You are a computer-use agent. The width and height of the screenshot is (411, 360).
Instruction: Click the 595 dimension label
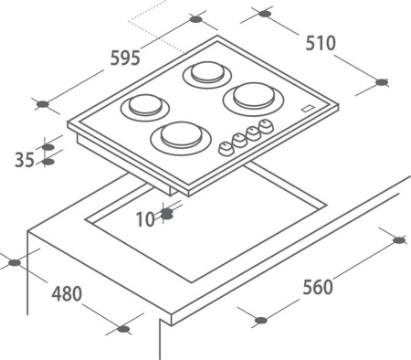pos(125,58)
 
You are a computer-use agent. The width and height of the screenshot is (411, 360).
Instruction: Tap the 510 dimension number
pos(321,43)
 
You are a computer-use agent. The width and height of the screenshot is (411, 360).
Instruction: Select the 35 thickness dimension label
pos(25,160)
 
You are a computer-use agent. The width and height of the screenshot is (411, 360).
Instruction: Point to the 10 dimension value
pos(145,219)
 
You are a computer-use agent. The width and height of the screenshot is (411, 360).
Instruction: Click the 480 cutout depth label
pos(67,293)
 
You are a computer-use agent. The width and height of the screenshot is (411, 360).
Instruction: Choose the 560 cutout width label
pos(318,287)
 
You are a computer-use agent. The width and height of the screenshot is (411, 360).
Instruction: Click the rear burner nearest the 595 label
pos(207,75)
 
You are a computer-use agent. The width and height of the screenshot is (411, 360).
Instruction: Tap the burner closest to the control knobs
pos(181,137)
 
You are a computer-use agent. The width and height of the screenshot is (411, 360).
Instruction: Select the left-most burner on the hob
pos(145,107)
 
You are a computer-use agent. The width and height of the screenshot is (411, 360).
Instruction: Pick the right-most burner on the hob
pos(253,98)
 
